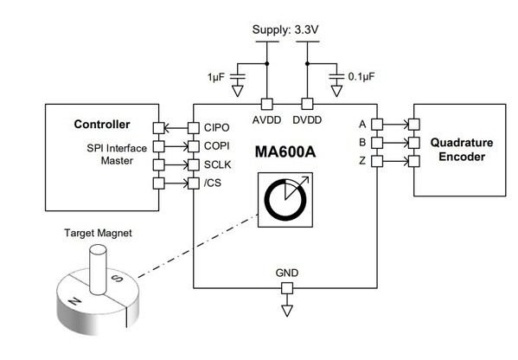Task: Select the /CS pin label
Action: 213,182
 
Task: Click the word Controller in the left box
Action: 101,125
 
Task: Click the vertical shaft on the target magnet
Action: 98,263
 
